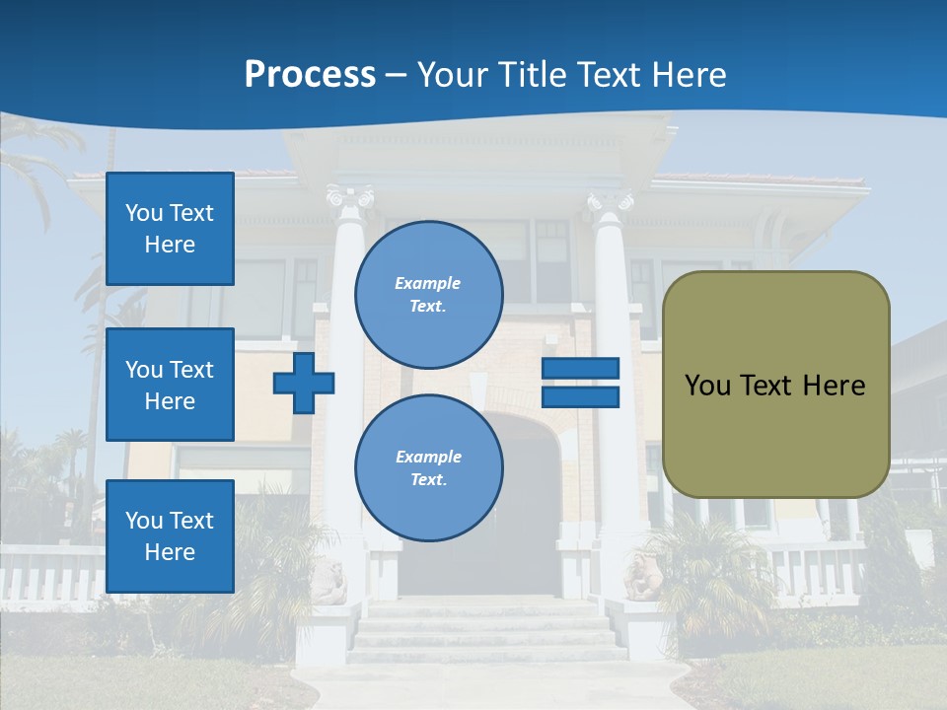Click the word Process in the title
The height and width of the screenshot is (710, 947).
[310, 75]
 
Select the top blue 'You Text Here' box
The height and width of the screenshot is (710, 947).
[170, 229]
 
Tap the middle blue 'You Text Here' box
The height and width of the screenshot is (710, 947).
[170, 385]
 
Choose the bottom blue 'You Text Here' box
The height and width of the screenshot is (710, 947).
[170, 536]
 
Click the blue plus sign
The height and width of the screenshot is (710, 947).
[304, 383]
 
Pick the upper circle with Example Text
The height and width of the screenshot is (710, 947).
[429, 295]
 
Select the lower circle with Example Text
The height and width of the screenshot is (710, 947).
[429, 467]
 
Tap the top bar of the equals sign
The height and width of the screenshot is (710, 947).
[580, 369]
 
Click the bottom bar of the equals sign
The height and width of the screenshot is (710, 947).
[580, 396]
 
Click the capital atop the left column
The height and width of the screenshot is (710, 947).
[350, 201]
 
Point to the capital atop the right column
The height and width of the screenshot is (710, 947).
[611, 203]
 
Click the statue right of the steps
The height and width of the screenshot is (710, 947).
[642, 578]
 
